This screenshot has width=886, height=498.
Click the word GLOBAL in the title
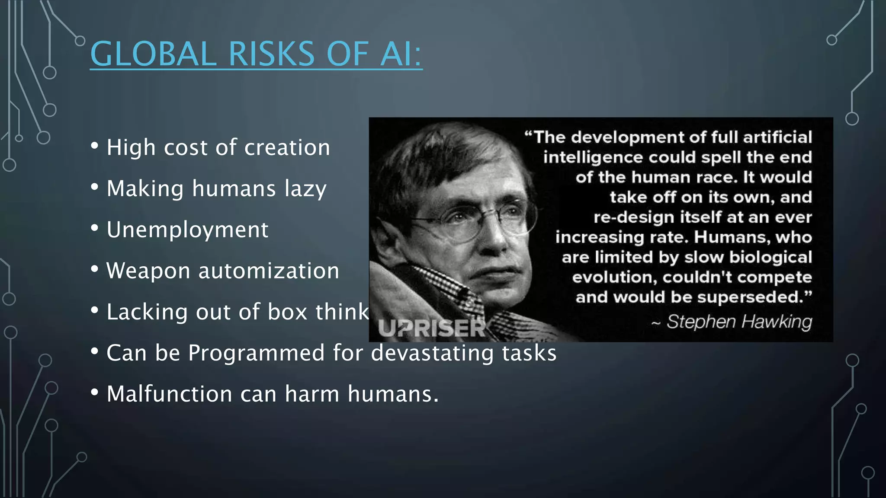(153, 54)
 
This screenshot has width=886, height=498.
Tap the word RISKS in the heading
(271, 54)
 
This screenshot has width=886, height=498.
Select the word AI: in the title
(401, 54)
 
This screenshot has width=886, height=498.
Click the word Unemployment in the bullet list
(187, 230)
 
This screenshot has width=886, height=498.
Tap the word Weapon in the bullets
(148, 271)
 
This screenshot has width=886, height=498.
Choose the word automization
(269, 271)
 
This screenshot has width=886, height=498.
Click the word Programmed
(256, 353)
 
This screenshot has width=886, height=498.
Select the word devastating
(432, 353)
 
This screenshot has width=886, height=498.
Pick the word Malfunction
(170, 394)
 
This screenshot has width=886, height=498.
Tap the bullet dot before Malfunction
(95, 392)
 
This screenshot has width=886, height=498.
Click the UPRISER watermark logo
(432, 328)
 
